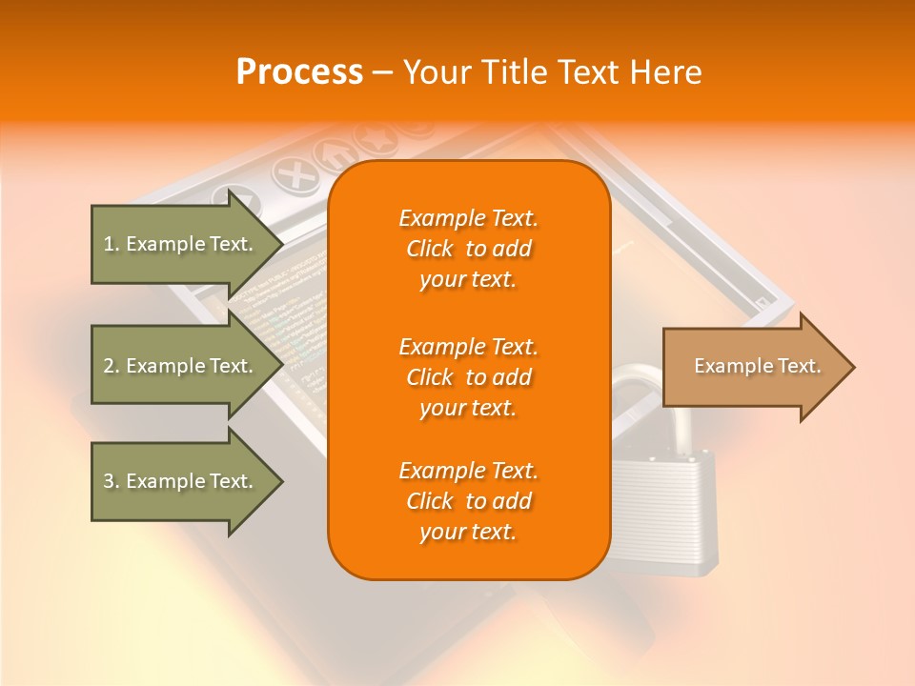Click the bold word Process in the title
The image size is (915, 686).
point(299,72)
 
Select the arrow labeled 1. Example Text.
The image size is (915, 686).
point(181,244)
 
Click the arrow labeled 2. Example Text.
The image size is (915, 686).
point(181,366)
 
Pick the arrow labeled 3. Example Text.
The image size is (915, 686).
point(181,481)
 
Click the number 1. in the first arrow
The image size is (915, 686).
point(112,244)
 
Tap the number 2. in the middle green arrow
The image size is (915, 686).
point(112,366)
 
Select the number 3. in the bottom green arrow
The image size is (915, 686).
point(112,481)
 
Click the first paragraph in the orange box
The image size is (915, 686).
point(468,249)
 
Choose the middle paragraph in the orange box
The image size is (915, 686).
point(468,376)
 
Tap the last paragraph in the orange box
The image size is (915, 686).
point(468,501)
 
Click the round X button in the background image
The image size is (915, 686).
point(296,175)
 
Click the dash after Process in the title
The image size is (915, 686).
point(382,72)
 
